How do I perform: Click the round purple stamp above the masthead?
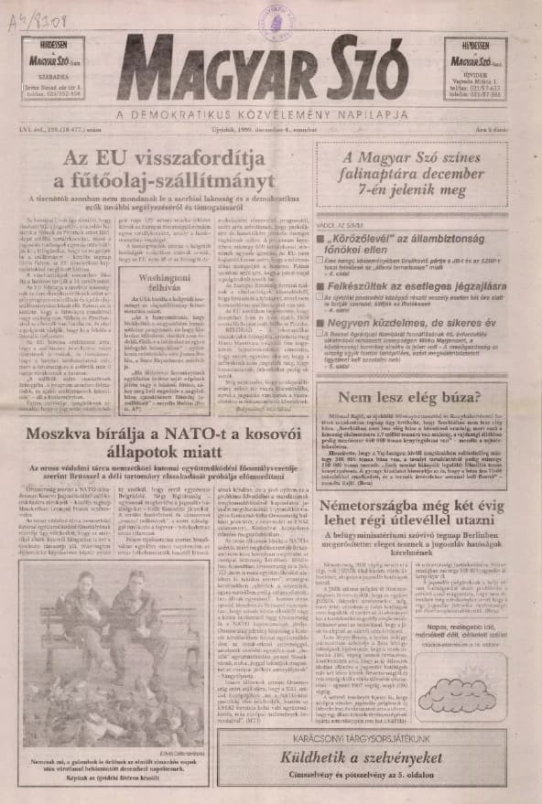click(x=274, y=19)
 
